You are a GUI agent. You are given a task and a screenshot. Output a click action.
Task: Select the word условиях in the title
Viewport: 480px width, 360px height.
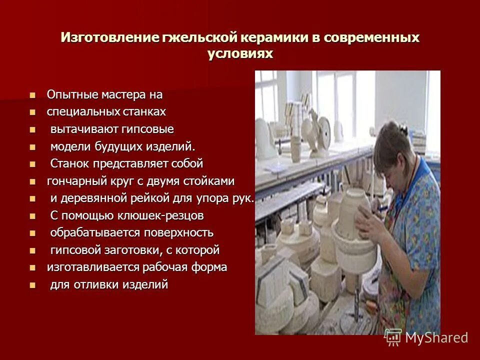coord(240,54)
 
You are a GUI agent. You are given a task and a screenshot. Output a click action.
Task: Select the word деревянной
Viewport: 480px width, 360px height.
coord(91,198)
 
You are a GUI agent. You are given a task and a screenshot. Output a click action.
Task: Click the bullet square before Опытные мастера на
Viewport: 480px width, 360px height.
coord(33,95)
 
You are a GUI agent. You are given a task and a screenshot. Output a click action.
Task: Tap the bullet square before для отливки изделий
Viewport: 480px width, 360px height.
coord(33,285)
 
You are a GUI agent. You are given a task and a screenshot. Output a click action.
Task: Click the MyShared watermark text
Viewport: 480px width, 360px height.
coord(436,337)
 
